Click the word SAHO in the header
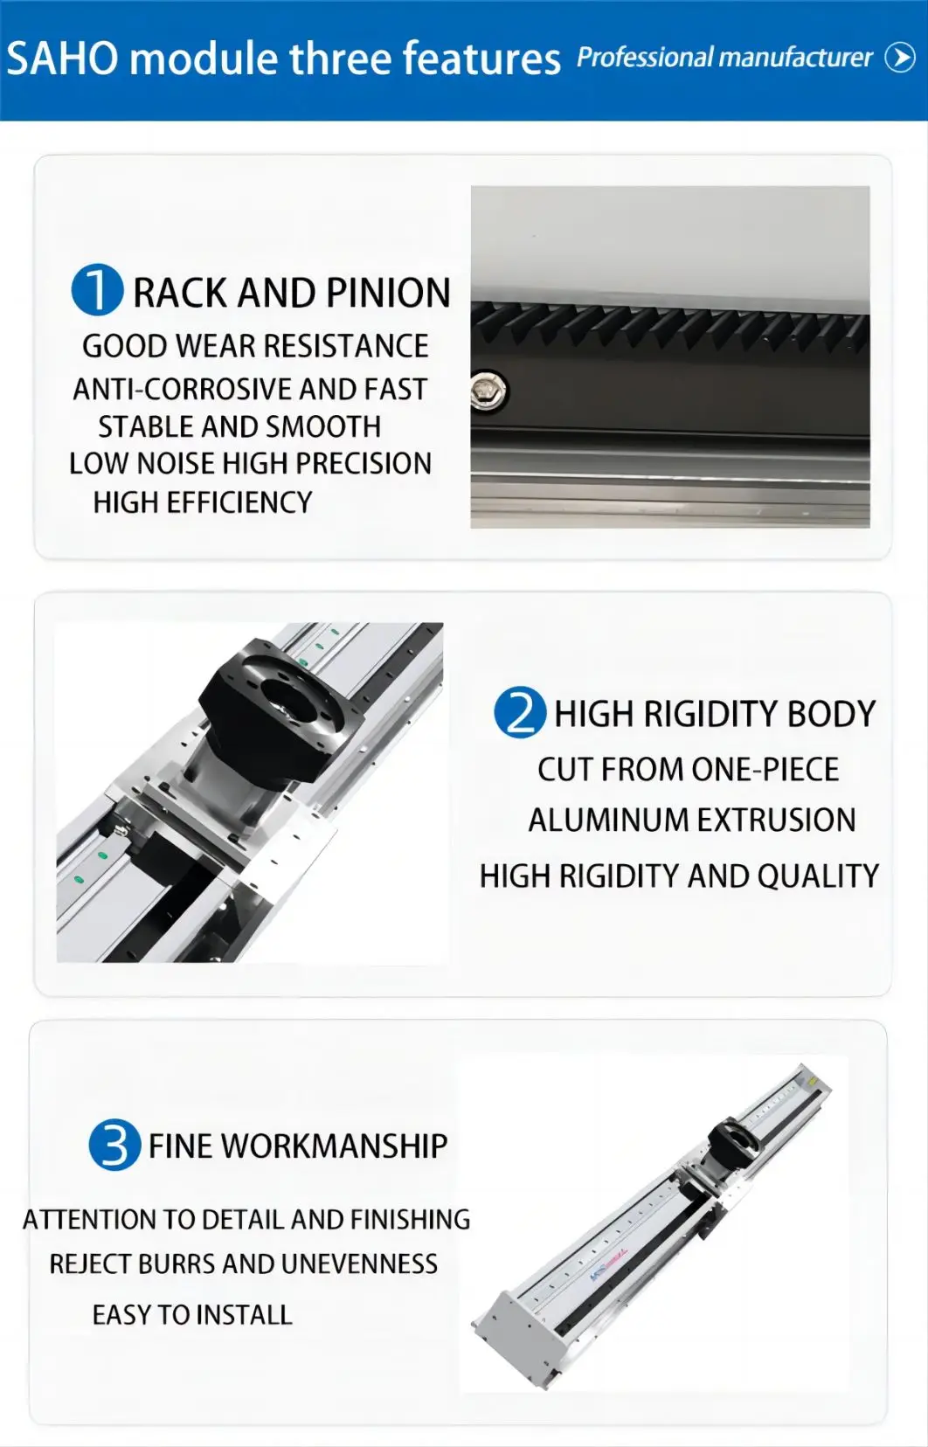pos(62,59)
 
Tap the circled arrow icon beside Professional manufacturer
pos(900,58)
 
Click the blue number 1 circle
pos(97,290)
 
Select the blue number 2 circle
pos(520,712)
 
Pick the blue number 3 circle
pos(114,1145)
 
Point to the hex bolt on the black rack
pos(489,391)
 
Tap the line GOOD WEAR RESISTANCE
pos(255,346)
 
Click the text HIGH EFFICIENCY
pos(203,502)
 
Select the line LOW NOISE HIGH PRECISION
pos(250,463)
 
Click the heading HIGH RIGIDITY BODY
pos(714,714)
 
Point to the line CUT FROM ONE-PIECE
pos(688,770)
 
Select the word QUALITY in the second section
pos(818,876)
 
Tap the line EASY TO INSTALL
pos(192,1315)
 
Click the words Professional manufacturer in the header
pos(724,58)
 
